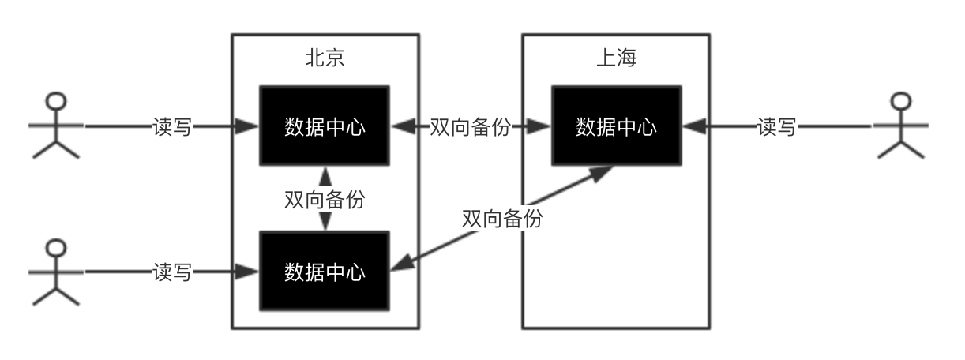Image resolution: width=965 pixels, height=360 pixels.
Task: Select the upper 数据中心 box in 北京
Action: coord(325,126)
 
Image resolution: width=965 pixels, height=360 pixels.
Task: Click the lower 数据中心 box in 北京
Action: coord(325,271)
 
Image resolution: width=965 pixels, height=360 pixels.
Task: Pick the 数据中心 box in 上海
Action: coord(616,126)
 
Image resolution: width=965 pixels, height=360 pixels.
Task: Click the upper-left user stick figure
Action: coord(55,126)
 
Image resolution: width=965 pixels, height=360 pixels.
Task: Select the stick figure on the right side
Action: coord(900,126)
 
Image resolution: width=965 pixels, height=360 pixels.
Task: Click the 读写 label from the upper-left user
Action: coord(171,126)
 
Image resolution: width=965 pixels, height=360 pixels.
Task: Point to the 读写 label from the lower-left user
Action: coord(171,272)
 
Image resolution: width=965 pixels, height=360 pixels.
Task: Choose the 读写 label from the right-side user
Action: coord(776,126)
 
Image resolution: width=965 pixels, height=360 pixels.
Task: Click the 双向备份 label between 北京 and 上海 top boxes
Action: coord(470,126)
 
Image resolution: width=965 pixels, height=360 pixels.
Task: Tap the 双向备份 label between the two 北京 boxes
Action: coord(325,199)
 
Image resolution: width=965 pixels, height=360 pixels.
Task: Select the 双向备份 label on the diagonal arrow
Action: coord(502,218)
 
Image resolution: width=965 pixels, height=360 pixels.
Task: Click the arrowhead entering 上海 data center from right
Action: coord(693,126)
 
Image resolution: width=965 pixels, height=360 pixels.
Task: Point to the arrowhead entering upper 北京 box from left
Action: coord(250,126)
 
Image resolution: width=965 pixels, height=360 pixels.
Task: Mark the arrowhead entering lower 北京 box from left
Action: coord(250,272)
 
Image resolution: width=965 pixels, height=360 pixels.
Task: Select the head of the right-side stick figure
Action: coord(900,101)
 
